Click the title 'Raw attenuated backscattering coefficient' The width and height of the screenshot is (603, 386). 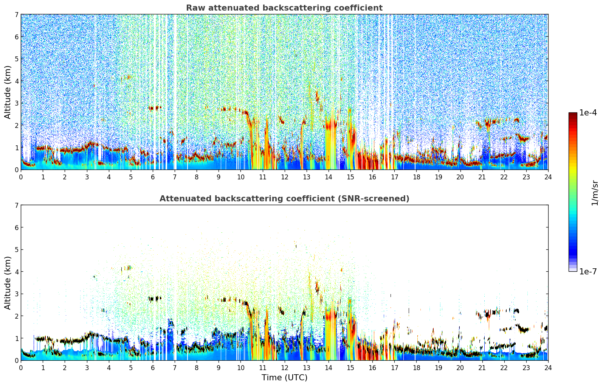click(x=284, y=8)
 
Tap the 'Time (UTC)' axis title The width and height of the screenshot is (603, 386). click(x=284, y=377)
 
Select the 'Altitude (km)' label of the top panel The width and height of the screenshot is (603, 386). click(x=8, y=92)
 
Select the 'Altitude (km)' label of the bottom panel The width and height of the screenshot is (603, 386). click(x=8, y=283)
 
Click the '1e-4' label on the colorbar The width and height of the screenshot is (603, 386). click(x=588, y=113)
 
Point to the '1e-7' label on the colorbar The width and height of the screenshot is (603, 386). click(x=588, y=271)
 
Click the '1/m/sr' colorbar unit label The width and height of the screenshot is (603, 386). click(x=595, y=193)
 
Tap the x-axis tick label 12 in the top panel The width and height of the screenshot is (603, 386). click(x=284, y=177)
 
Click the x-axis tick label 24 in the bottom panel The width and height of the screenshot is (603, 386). click(x=548, y=367)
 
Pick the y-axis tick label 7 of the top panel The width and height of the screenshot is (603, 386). click(x=16, y=15)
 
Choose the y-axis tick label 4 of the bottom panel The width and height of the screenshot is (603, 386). click(x=16, y=272)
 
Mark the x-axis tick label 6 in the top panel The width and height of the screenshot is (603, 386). click(x=153, y=177)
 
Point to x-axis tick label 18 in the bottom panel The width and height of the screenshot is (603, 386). click(x=416, y=367)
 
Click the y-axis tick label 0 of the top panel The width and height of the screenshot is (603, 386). click(x=16, y=170)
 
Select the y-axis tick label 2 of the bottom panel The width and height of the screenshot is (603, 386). click(x=16, y=316)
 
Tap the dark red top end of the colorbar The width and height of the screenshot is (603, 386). click(x=572, y=114)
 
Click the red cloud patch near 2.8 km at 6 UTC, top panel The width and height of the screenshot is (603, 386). click(x=154, y=108)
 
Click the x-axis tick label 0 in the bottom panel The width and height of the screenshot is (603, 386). click(x=21, y=367)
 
